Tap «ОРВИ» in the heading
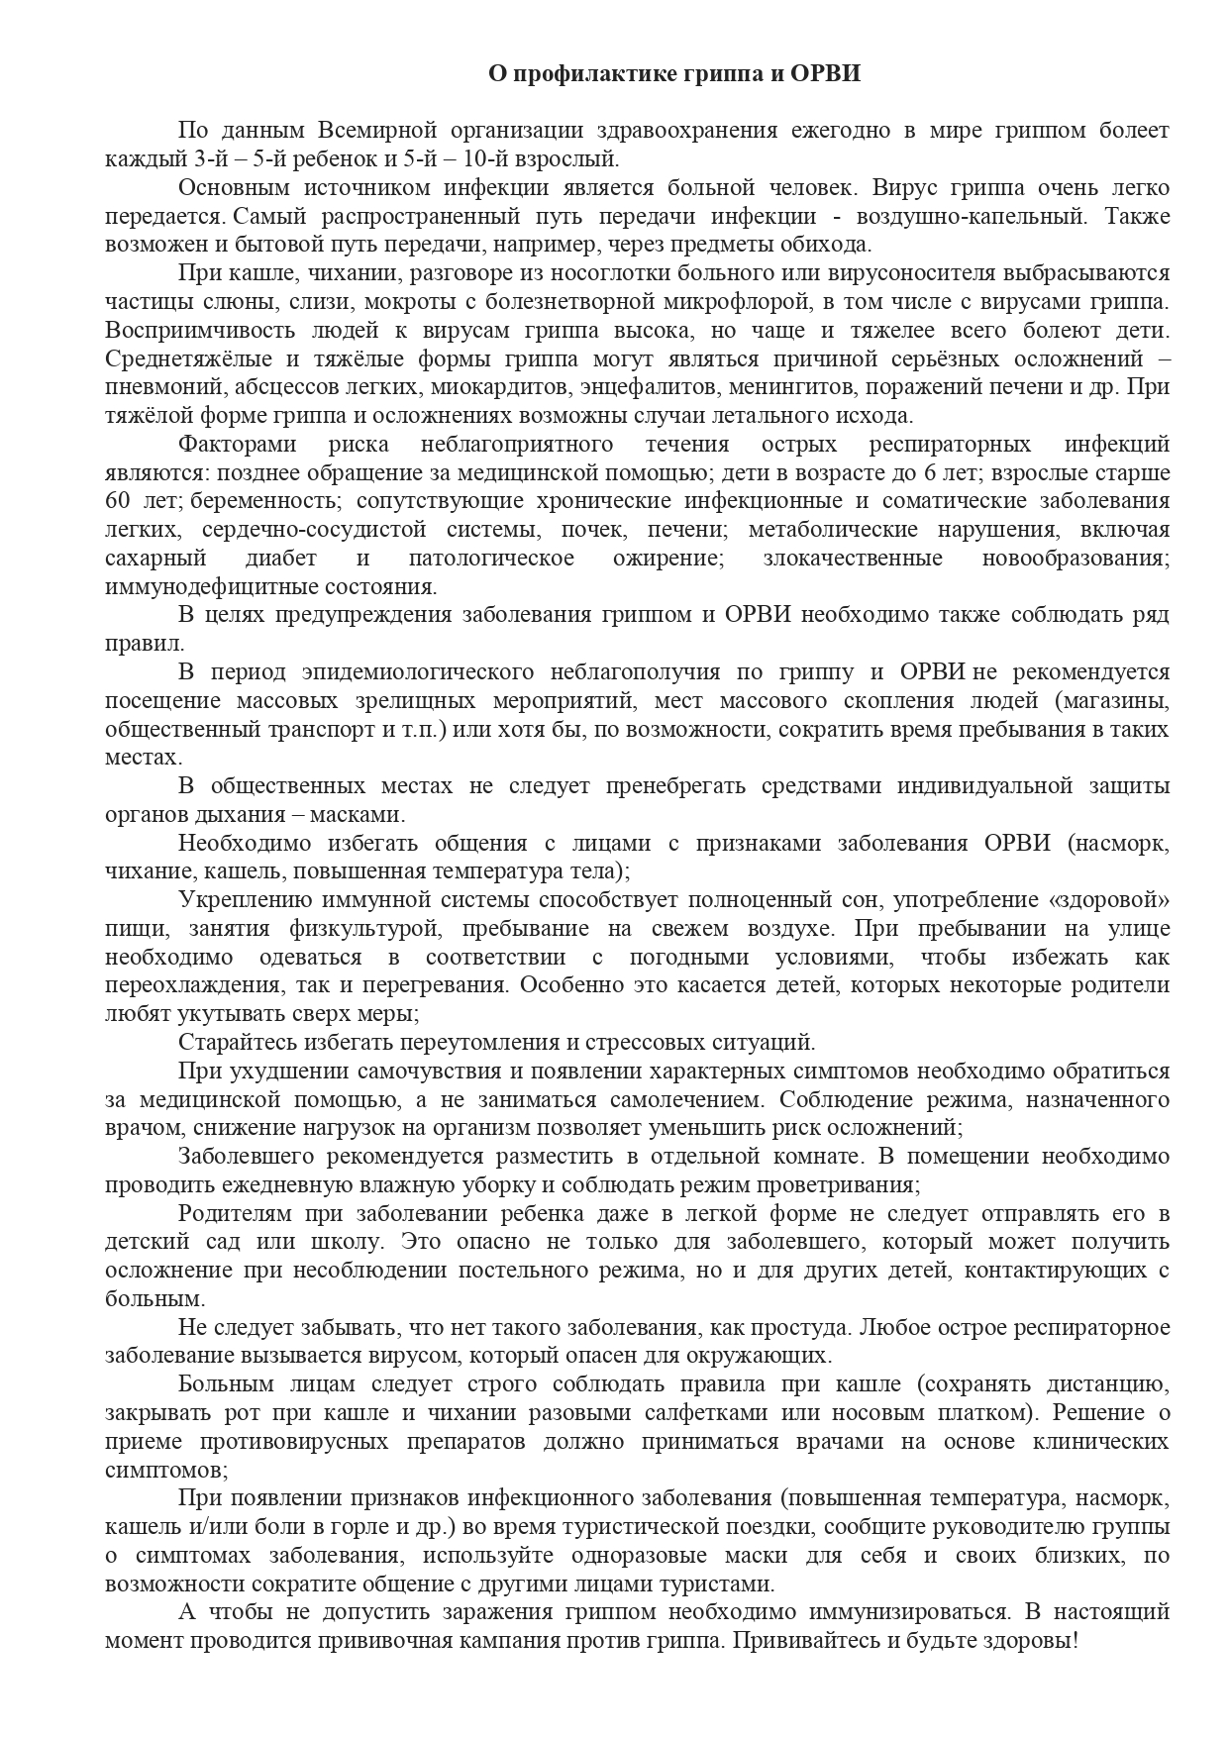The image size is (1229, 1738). coord(826,74)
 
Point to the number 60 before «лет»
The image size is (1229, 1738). coord(121,501)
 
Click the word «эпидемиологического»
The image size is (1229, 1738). coord(388,672)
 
